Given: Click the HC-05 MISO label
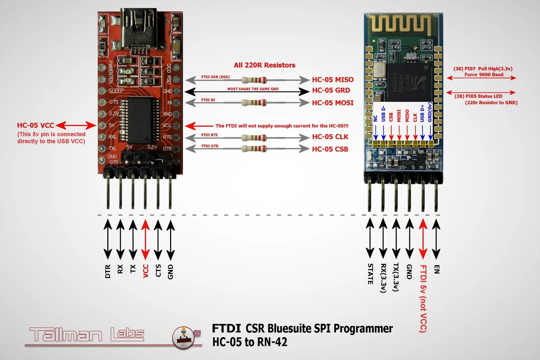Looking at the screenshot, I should click(332, 80).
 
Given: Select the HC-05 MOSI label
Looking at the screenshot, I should click(332, 103).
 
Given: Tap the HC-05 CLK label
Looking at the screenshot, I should click(330, 137).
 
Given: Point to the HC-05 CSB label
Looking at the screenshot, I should click(330, 149).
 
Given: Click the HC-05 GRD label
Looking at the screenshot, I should click(331, 90).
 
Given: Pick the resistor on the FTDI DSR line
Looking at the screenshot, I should click(254, 80).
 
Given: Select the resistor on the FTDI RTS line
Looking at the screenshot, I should click(254, 138).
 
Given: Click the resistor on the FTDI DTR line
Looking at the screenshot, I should click(254, 148).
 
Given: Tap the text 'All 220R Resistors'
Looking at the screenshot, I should click(264, 65).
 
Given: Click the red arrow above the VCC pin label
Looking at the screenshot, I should click(145, 240).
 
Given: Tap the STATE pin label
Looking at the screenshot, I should click(370, 274).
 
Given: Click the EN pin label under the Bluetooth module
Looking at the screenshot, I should click(437, 269).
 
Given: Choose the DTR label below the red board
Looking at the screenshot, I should click(108, 271).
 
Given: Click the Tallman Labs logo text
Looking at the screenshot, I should click(87, 334).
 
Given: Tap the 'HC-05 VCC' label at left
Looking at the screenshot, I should click(35, 126).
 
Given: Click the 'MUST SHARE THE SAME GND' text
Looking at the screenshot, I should click(253, 89).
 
